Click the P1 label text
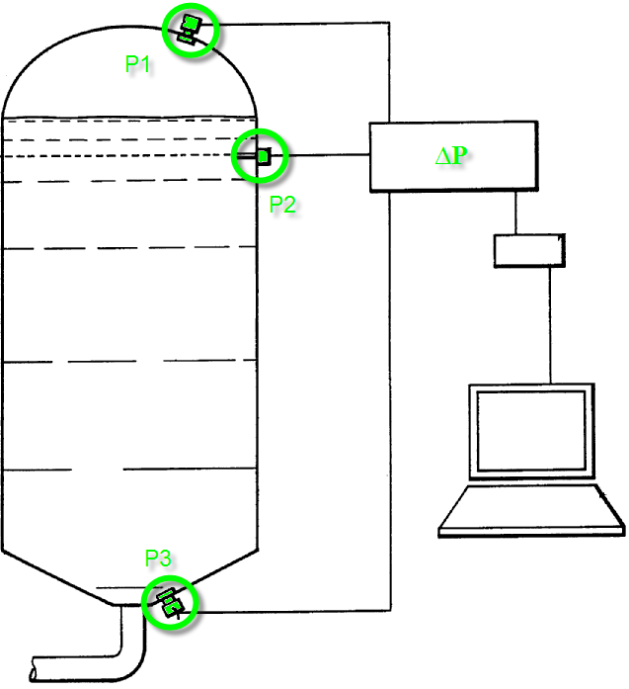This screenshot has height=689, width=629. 137,64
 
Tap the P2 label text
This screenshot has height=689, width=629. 282,205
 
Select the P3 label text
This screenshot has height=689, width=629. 158,559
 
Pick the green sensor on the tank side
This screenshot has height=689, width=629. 263,156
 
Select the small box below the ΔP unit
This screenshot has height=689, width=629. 528,249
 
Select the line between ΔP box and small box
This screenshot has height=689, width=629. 514,212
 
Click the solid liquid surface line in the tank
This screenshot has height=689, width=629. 128,120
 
